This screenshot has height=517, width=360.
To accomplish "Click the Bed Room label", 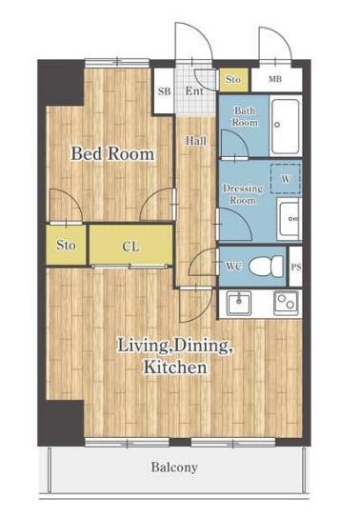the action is [x=112, y=154].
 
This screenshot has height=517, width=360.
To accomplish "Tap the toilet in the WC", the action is [x=266, y=267].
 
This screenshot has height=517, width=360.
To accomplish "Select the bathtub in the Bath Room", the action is [x=286, y=126].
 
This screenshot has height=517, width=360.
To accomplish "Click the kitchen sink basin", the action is [x=239, y=302].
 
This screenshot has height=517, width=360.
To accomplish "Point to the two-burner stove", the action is [x=286, y=302].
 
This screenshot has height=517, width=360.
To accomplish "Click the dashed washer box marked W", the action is [x=286, y=178].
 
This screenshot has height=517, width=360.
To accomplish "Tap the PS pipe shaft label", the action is [x=295, y=267].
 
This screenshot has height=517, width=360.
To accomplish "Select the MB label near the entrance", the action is [x=275, y=79].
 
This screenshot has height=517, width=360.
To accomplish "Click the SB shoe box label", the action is [x=164, y=91].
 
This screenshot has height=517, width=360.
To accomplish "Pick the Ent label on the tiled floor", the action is [x=194, y=91].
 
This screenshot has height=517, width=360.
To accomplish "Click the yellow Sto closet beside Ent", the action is [x=233, y=80].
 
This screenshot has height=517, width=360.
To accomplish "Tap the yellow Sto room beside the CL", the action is [x=67, y=245].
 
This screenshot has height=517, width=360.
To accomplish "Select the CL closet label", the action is [x=130, y=247].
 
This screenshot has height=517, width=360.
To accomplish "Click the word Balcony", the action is [x=174, y=467].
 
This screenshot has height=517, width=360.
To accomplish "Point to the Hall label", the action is [x=196, y=141].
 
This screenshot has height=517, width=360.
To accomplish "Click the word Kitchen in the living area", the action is [x=175, y=367].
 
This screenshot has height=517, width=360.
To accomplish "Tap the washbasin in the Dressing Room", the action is [x=289, y=219].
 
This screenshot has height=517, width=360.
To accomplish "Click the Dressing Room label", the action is [x=243, y=194].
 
